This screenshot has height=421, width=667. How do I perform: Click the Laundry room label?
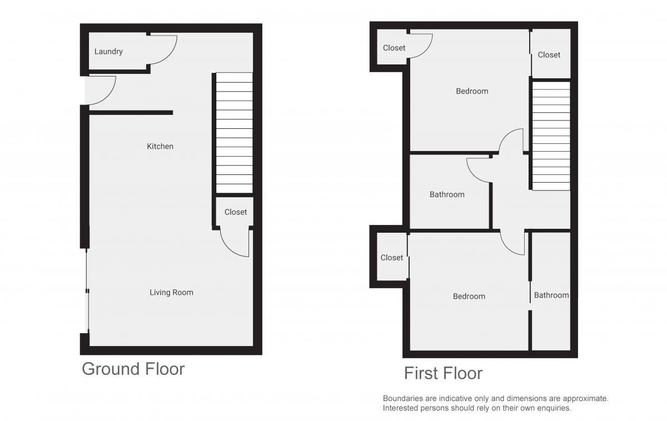(x=108, y=52)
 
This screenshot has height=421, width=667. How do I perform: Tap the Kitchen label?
(x=160, y=146)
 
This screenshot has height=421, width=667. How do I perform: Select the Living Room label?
(x=171, y=293)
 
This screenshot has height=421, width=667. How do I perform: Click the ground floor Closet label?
(x=236, y=212)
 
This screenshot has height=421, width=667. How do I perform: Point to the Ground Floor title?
(x=133, y=369)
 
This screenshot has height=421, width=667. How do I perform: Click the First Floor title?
(x=443, y=373)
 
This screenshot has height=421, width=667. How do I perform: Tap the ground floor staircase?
(x=235, y=133)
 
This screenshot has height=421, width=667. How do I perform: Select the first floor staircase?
(x=551, y=136)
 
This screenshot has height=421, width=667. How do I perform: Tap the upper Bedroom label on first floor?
(x=472, y=91)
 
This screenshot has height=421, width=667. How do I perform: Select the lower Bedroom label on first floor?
(x=469, y=297)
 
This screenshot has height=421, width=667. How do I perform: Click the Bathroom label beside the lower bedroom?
(x=551, y=295)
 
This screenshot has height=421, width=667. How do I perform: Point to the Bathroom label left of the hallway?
(x=447, y=194)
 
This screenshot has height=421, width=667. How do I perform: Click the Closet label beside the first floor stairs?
(x=549, y=55)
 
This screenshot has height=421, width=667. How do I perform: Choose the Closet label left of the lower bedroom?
(x=391, y=258)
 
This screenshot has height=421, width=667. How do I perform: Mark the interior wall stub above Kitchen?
(x=131, y=112)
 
